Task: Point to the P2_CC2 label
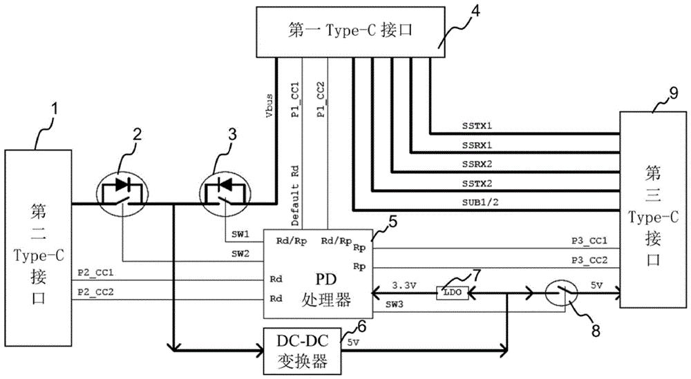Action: coord(97,291)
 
